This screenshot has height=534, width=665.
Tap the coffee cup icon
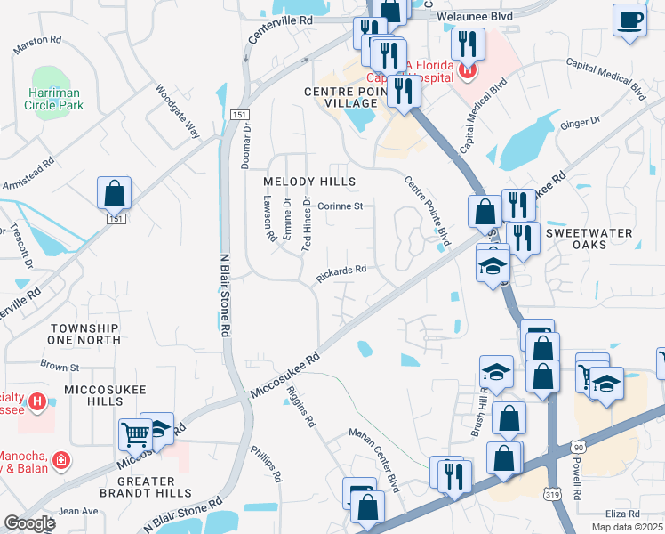pos(630,20)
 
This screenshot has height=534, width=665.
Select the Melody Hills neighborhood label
pos(309,182)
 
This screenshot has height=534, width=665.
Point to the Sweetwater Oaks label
pos(588,239)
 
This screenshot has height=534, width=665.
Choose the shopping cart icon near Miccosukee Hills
pos(135,435)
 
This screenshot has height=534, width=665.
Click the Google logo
pos(29,523)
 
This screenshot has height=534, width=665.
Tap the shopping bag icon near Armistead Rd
pos(114,193)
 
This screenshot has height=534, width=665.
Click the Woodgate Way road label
pos(179,111)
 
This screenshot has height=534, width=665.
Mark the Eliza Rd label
pos(621,514)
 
